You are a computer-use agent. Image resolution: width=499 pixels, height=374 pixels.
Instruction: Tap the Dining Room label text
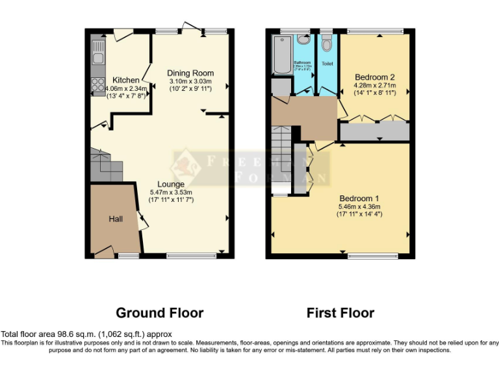point(190,73)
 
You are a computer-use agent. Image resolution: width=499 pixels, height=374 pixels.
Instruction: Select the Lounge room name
point(171,184)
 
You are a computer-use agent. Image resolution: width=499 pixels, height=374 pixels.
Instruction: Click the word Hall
point(116,219)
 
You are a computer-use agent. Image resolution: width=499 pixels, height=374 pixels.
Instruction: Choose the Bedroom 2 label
point(375,77)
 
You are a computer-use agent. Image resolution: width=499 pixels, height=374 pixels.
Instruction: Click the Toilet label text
point(327,64)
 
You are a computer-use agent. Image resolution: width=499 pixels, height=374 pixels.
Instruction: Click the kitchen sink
point(98,52)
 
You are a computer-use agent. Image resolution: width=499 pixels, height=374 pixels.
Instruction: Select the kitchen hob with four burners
point(98,84)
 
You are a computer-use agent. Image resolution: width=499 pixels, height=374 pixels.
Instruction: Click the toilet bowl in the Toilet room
point(326,44)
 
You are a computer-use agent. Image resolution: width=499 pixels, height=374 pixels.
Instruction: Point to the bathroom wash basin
point(303,40)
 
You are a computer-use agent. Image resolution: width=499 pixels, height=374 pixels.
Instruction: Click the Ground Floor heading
point(159,313)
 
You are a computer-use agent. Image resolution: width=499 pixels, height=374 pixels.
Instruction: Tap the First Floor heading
point(340,313)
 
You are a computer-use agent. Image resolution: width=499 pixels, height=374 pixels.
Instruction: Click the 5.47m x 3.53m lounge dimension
point(171,192)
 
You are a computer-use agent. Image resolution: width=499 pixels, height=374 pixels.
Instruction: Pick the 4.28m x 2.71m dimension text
point(375,85)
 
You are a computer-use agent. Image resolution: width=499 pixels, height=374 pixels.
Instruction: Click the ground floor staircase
point(104,166)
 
